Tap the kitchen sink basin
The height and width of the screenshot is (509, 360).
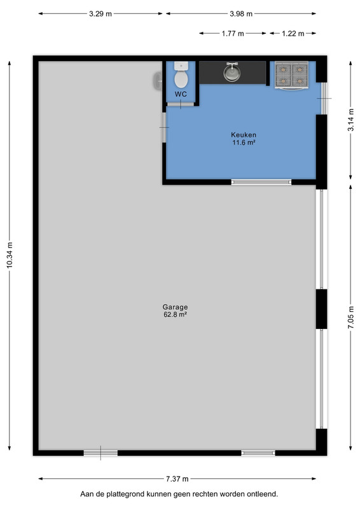pyautogui.click(x=232, y=72)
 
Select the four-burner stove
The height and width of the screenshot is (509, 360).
pyautogui.click(x=291, y=75)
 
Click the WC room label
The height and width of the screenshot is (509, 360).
pyautogui.click(x=181, y=94)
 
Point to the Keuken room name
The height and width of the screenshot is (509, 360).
pyautogui.click(x=244, y=134)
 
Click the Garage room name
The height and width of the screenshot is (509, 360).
pyautogui.click(x=175, y=307)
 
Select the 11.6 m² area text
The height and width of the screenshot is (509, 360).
pyautogui.click(x=244, y=142)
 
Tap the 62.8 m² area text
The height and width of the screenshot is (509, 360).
pyautogui.click(x=175, y=314)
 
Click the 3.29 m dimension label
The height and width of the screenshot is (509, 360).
pyautogui.click(x=100, y=14)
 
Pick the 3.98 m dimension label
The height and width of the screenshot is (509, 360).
pyautogui.click(x=241, y=14)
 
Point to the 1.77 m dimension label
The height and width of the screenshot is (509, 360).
pyautogui.click(x=233, y=34)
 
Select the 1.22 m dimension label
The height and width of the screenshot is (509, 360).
pyautogui.click(x=293, y=34)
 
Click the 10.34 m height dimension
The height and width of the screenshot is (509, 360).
pyautogui.click(x=10, y=255)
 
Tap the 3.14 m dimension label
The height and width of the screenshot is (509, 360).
pyautogui.click(x=350, y=120)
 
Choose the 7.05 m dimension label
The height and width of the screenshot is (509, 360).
pyautogui.click(x=350, y=317)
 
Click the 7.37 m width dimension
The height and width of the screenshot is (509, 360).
pyautogui.click(x=177, y=479)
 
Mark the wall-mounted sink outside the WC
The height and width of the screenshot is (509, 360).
pyautogui.click(x=158, y=81)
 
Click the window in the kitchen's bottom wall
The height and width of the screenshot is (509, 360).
pyautogui.click(x=261, y=182)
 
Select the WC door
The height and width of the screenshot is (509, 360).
pyautogui.click(x=180, y=104)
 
